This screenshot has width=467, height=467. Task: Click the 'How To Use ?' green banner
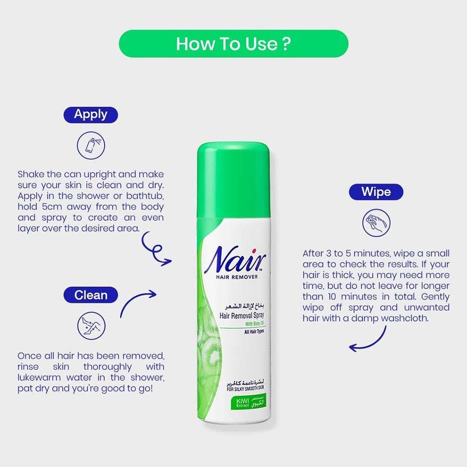pos(233,43)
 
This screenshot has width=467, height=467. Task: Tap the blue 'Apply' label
pos(90,115)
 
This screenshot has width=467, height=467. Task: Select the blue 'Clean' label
pos(90,294)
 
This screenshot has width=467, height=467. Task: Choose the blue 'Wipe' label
pos(376,192)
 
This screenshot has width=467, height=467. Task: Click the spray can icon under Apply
pos(91,146)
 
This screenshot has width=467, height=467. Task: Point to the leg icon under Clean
pos(91,325)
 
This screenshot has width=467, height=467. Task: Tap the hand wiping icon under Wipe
pos(376,223)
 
